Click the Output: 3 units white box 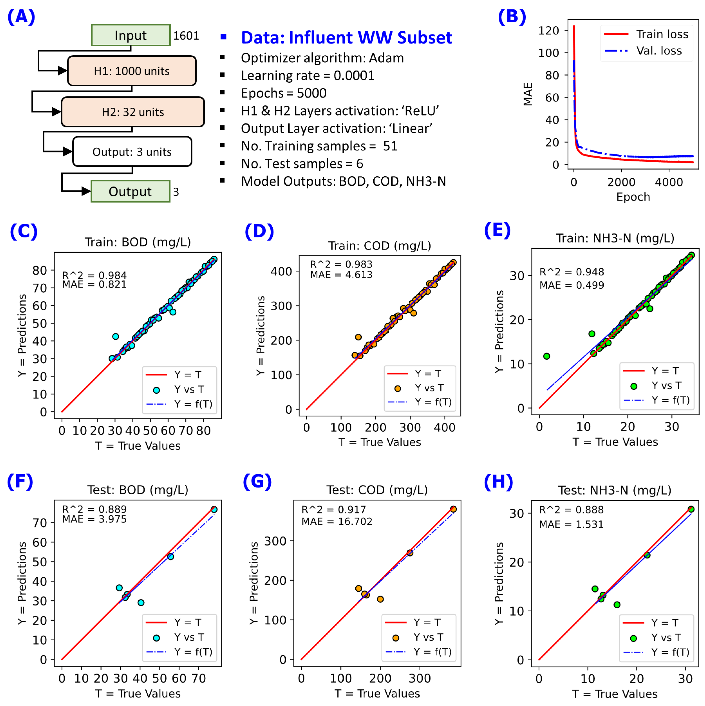(132, 152)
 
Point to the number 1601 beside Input (186, 36)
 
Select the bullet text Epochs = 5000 (283, 93)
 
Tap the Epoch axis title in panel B (633, 197)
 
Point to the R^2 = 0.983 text (341, 264)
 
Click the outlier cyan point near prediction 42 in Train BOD (116, 336)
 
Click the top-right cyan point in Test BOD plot (214, 509)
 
